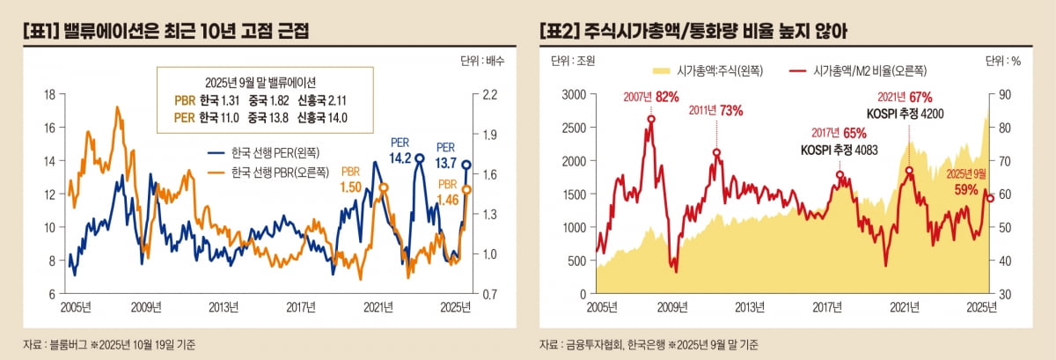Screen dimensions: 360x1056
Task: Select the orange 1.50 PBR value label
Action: point(351,187)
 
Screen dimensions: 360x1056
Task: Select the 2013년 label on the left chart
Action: point(224,307)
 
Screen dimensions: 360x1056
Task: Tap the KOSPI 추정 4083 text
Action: point(833,150)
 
